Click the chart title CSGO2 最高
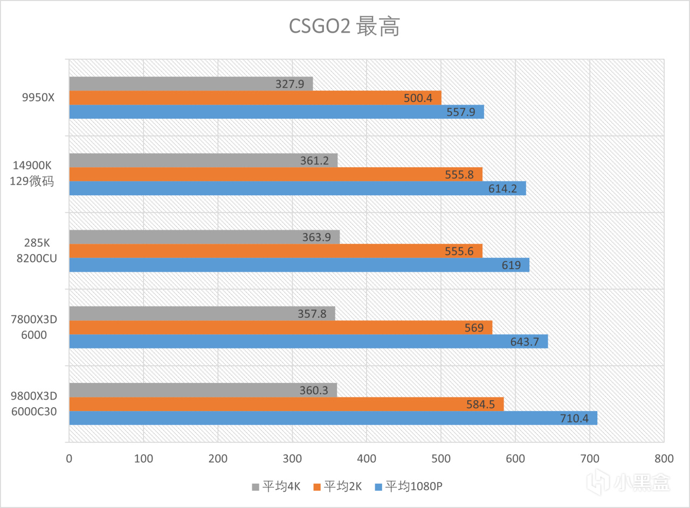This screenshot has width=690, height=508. (x=344, y=26)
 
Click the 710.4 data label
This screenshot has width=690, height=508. (x=576, y=418)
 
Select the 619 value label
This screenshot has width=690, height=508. (x=511, y=265)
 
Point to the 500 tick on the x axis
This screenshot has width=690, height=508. (x=441, y=459)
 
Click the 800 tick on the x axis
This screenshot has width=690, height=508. (x=664, y=459)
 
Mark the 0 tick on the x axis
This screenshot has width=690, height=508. (x=69, y=459)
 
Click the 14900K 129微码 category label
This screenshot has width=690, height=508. (x=32, y=174)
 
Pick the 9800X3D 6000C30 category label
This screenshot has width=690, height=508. (x=33, y=403)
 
